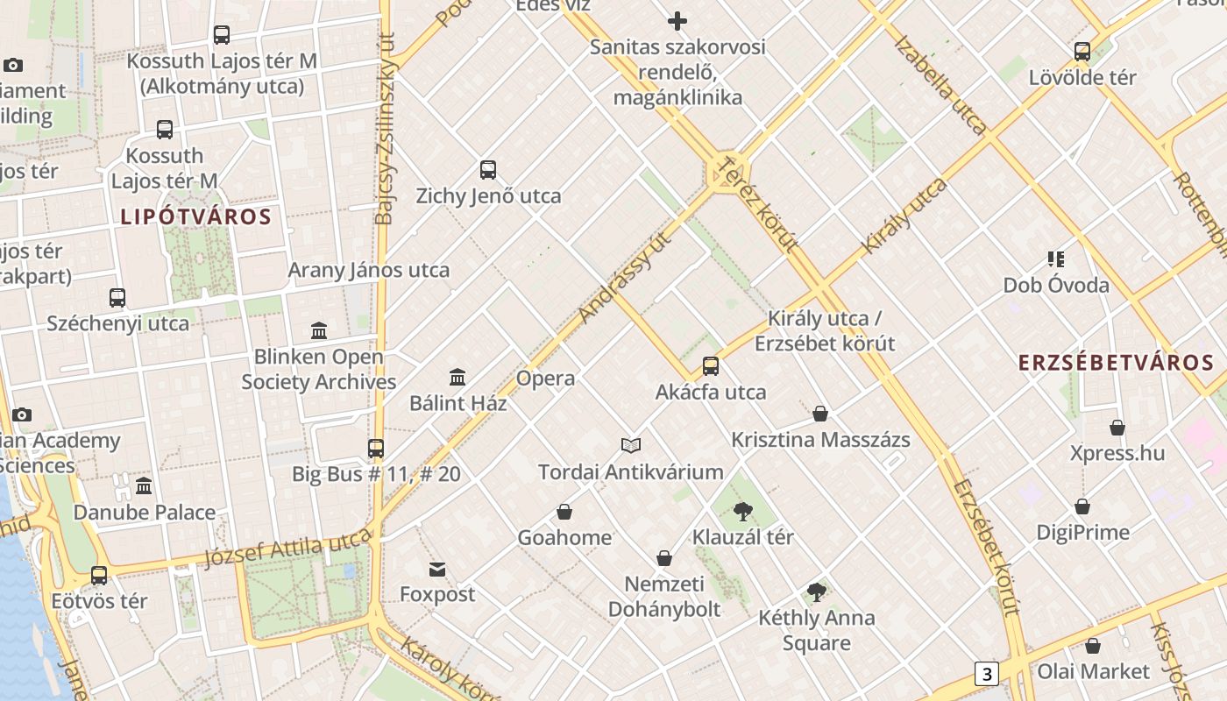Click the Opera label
pos(545,379)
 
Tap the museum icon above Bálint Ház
pos(457,377)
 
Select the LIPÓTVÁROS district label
pos(195,216)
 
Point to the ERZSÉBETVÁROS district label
pos(1116,363)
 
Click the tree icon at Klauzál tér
pos(743,511)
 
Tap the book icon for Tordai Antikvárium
pos(631,445)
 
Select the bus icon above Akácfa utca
pos(711,365)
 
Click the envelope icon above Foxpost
pos(437,570)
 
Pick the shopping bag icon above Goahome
pos(564,511)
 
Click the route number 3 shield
pos(987,674)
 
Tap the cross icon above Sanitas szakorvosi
pos(677,21)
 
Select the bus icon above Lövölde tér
pos(1082,51)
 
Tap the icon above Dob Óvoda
pos(1056,258)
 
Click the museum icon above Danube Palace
pos(144,485)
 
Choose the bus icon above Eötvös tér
pos(99,575)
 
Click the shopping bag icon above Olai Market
pos(1092,646)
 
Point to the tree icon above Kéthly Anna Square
pos(817,591)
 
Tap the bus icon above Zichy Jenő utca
pos(488,169)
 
